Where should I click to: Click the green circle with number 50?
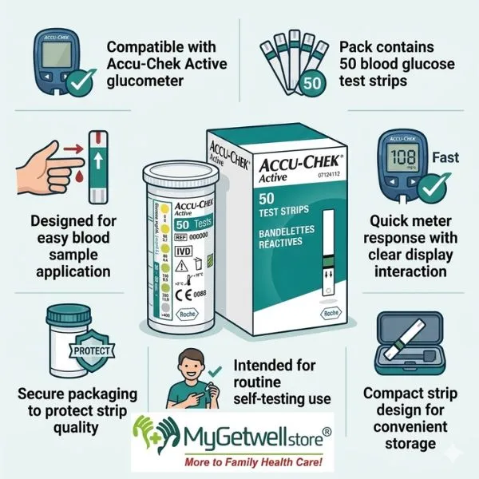(315, 82)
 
